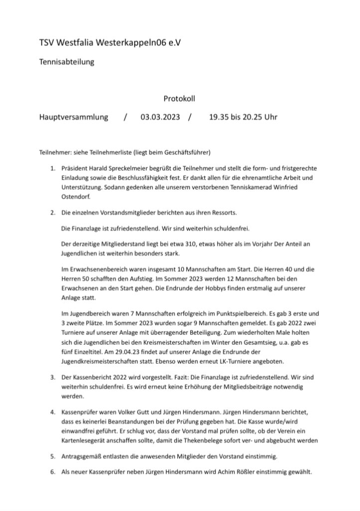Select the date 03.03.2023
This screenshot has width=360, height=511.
[x=160, y=118]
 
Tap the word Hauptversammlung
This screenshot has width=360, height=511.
[x=73, y=118]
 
